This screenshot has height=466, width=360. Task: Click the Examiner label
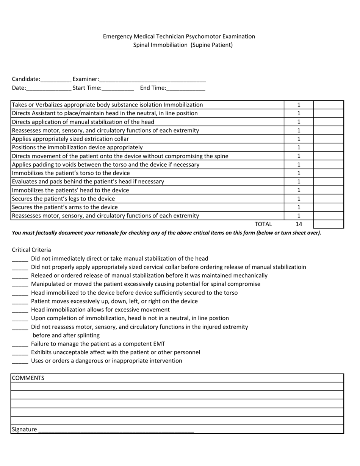pyautogui.click(x=86, y=79)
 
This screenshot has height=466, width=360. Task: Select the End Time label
pyautogui.click(x=153, y=88)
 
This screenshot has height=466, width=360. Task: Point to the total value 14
pyautogui.click(x=299, y=224)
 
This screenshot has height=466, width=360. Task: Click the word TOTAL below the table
pyautogui.click(x=263, y=224)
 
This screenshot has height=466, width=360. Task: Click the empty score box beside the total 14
pyautogui.click(x=328, y=224)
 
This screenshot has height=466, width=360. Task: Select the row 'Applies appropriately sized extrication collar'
pyautogui.click(x=70, y=139)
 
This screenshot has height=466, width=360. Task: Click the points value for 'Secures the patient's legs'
pyautogui.click(x=299, y=199)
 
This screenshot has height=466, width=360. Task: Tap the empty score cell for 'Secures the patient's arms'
pyautogui.click(x=328, y=207)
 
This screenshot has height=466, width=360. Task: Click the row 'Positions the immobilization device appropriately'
pyautogui.click(x=77, y=147)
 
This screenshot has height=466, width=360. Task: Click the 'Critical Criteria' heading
pyautogui.click(x=31, y=250)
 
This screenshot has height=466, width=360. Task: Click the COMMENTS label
pyautogui.click(x=28, y=378)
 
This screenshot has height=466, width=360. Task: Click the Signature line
pyautogui.click(x=116, y=430)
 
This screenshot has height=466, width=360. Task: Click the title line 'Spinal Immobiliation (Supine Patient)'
pyautogui.click(x=183, y=45)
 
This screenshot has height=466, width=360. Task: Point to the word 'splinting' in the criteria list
pyautogui.click(x=87, y=335)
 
